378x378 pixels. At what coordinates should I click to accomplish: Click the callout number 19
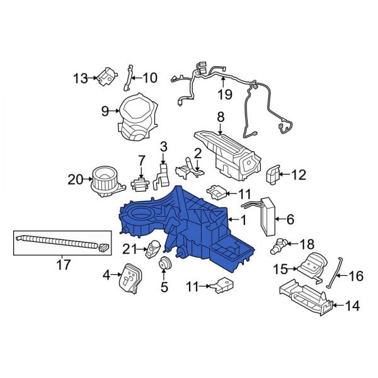point(225,94)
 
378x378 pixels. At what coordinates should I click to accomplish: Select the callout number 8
point(220,117)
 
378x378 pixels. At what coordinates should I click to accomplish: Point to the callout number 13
point(80,78)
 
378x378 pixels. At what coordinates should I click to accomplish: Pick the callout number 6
point(290,219)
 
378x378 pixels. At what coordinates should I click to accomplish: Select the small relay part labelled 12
point(275,173)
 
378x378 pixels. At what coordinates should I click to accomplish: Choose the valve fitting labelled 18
point(278,244)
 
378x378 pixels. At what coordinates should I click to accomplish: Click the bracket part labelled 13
point(106,77)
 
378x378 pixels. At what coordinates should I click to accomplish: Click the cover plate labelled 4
point(130,278)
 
